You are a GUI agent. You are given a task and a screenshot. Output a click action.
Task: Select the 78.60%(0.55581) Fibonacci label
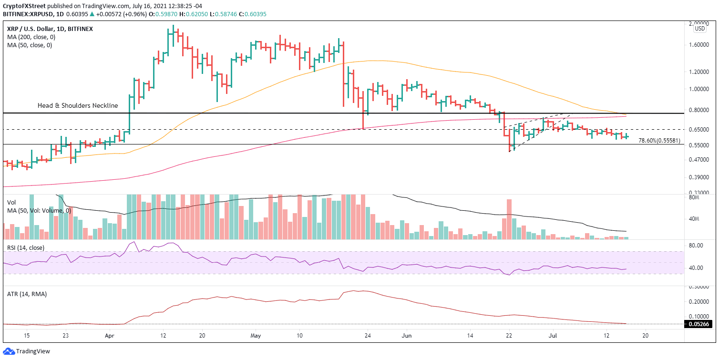tap(659, 141)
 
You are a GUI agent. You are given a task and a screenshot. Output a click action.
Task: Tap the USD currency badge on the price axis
tap(700, 29)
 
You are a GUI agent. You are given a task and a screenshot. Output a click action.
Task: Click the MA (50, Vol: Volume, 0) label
tap(40, 210)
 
